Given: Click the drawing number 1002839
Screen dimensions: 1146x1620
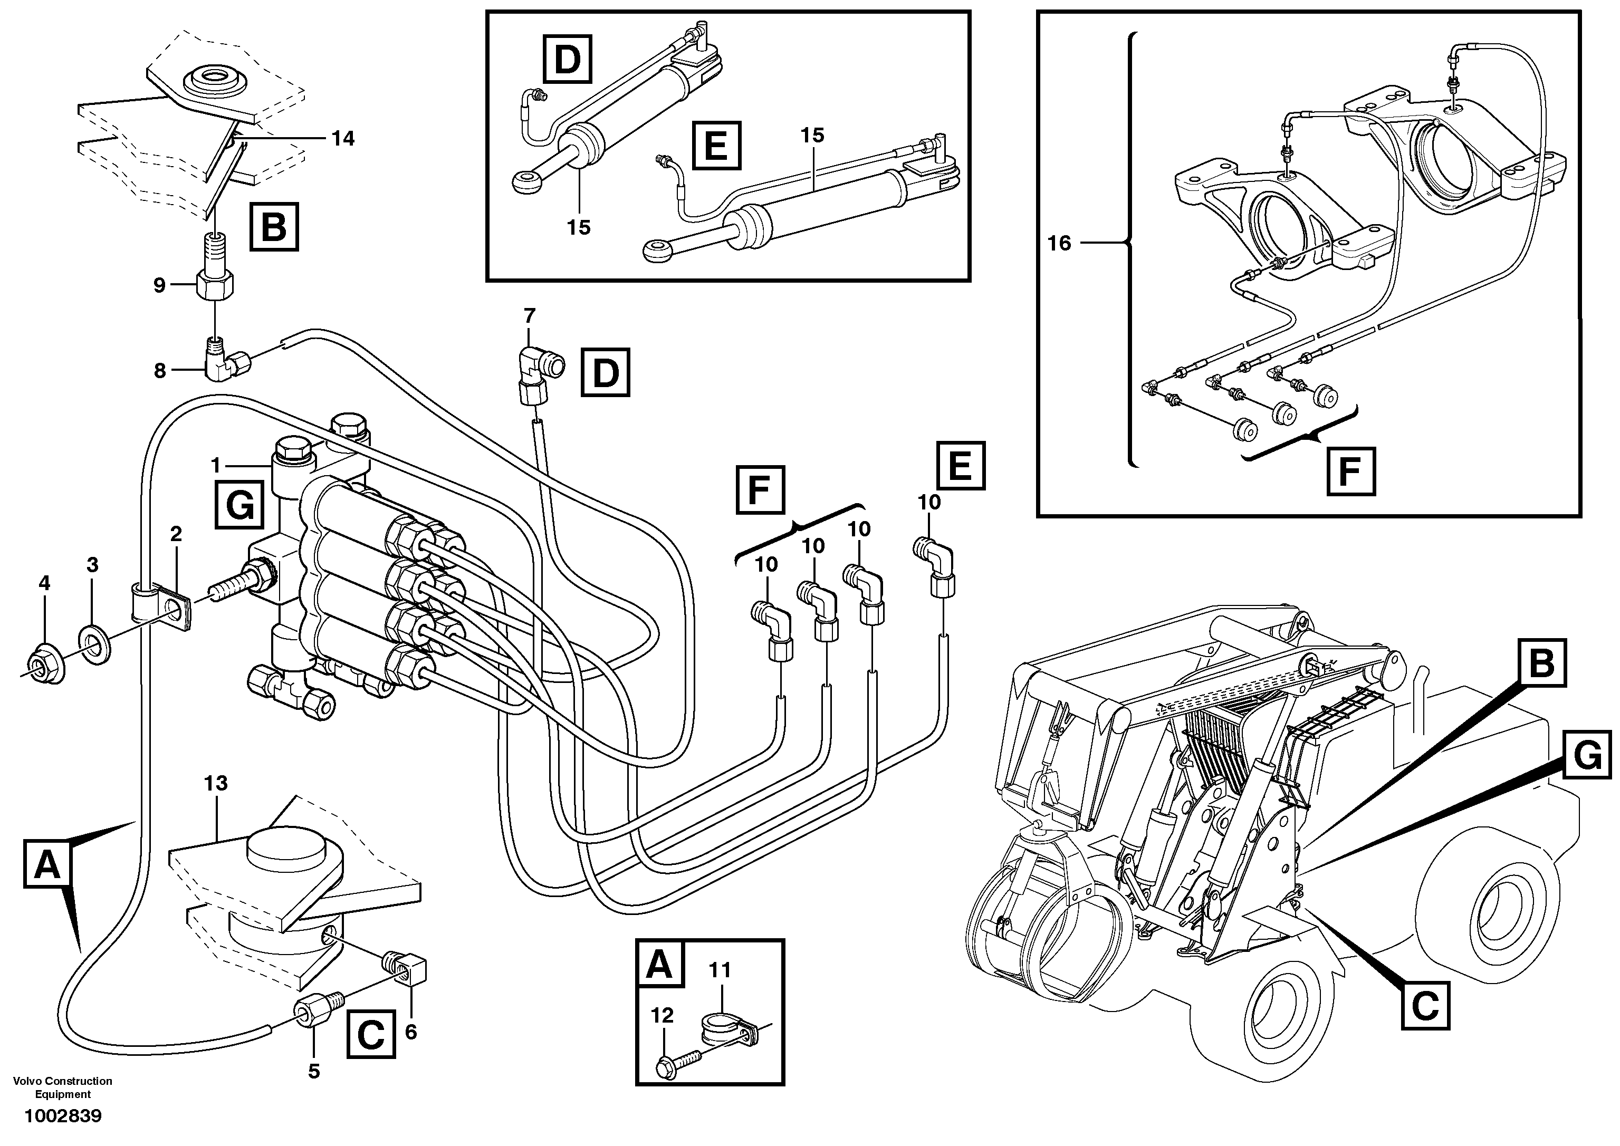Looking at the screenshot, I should click(x=63, y=1115).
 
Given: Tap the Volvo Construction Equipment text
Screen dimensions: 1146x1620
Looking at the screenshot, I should click(x=63, y=1087).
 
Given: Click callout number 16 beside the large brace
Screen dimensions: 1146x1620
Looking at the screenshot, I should click(x=1059, y=244).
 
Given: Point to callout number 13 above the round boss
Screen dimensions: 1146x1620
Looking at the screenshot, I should click(x=216, y=783).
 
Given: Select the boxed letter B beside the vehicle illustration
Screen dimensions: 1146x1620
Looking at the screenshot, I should click(x=1541, y=663).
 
